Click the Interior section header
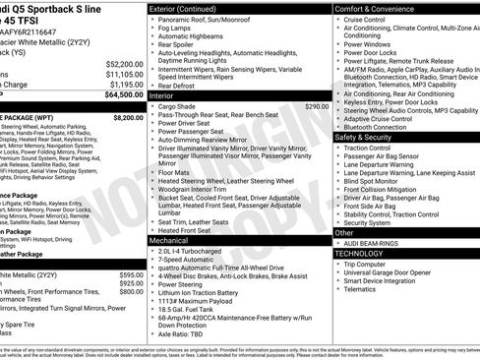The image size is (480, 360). point(162,96)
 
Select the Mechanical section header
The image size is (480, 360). point(168,239)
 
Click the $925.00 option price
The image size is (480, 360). point(131,282)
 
